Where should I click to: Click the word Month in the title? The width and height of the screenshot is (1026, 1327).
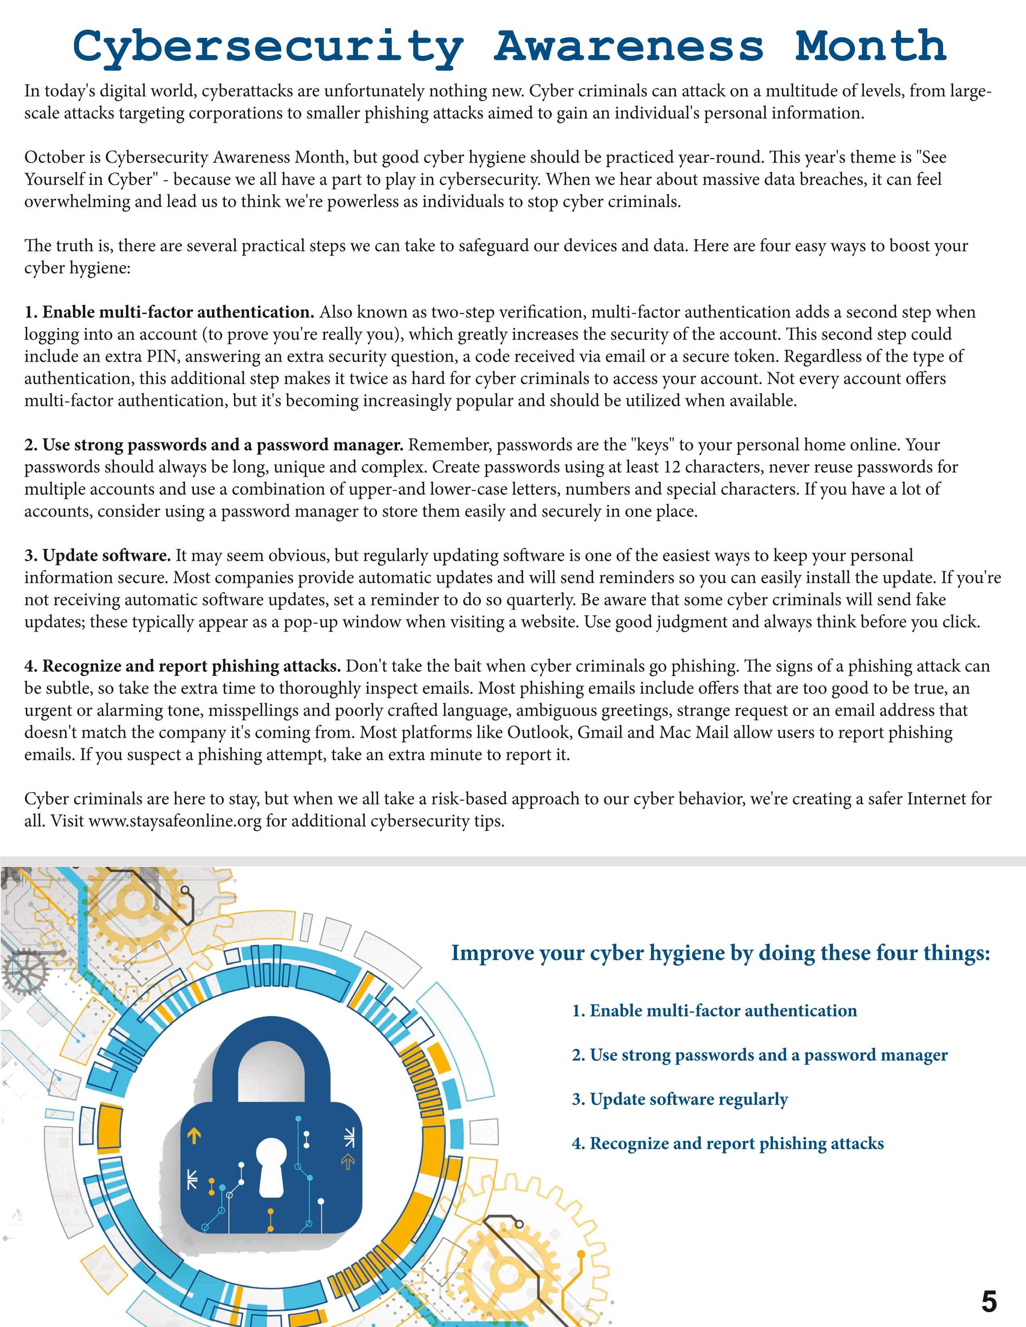click(x=870, y=45)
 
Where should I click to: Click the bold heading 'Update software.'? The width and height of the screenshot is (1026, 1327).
click(x=98, y=555)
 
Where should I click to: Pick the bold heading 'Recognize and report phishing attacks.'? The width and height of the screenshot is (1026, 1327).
click(x=182, y=666)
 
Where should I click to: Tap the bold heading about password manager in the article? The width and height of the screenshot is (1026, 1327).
click(x=214, y=445)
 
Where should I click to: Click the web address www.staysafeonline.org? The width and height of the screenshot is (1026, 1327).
click(x=175, y=821)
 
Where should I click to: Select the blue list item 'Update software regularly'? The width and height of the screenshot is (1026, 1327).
click(x=680, y=1099)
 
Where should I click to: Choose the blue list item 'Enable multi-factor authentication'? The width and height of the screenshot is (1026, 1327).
click(x=714, y=1010)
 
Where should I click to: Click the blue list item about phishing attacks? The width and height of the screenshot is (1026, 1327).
click(x=727, y=1144)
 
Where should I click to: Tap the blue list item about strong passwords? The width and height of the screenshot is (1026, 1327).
click(x=759, y=1055)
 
